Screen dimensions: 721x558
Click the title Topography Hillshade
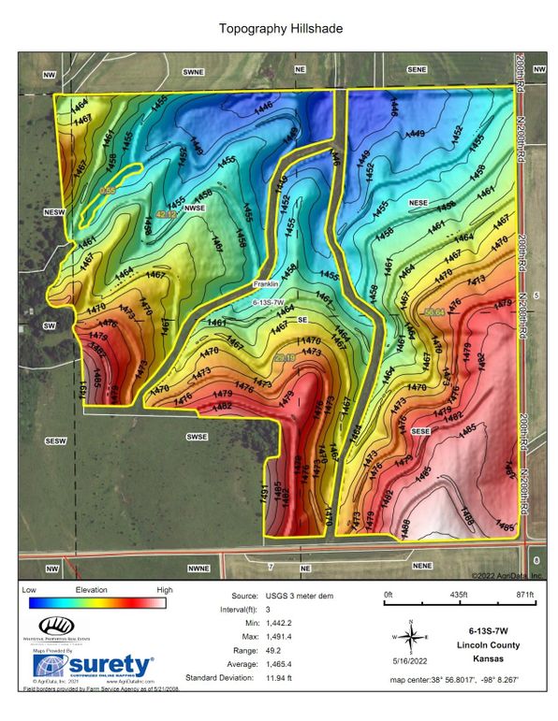click(x=280, y=29)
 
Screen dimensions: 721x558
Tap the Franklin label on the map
click(x=267, y=283)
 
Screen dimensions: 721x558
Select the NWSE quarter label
click(x=194, y=208)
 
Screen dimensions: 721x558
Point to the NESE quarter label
click(x=418, y=202)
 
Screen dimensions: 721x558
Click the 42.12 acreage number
click(x=166, y=215)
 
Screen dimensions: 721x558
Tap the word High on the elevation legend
click(x=164, y=591)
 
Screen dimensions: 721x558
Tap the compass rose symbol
click(x=409, y=637)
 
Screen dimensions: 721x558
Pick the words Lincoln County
click(x=495, y=644)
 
